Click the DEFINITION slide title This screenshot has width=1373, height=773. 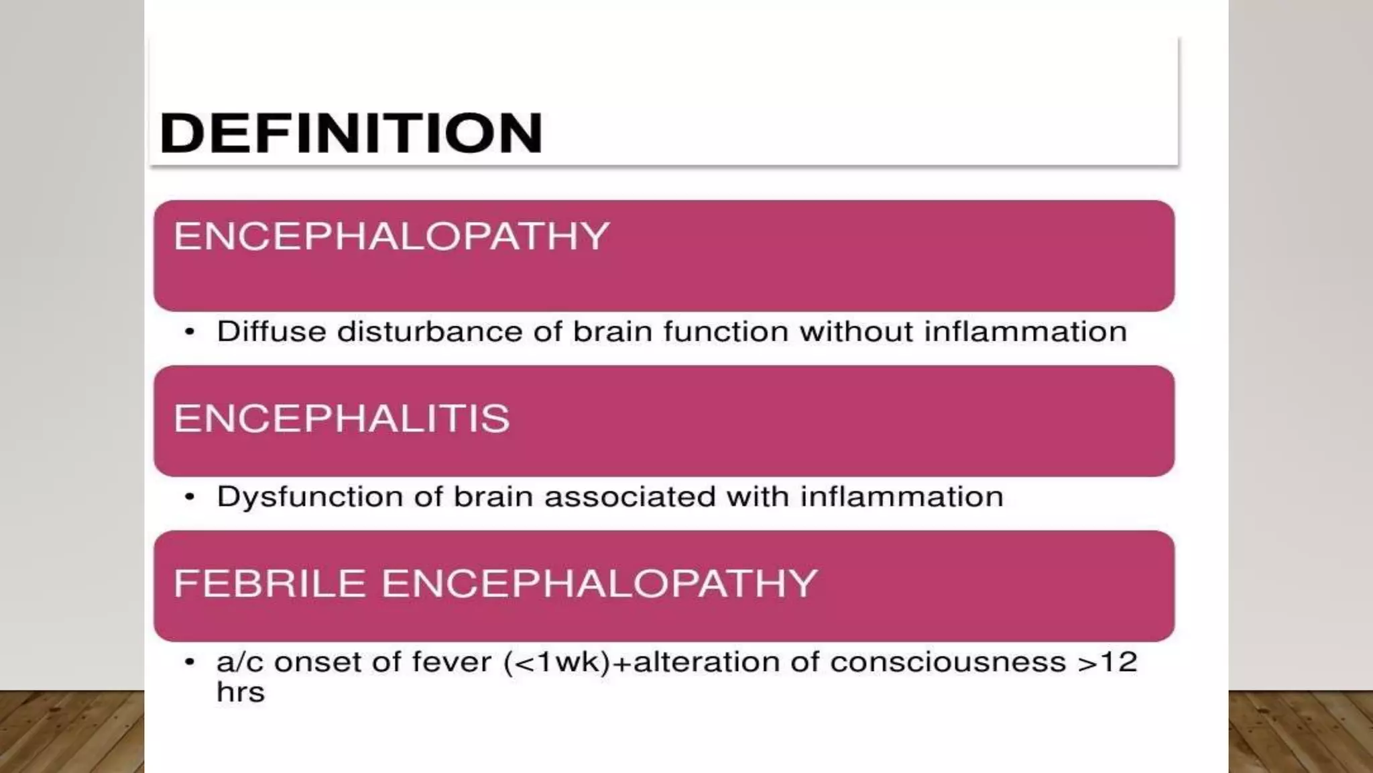point(351,133)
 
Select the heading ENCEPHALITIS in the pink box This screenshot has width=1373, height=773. point(341,419)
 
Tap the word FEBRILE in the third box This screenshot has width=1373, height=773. point(270,583)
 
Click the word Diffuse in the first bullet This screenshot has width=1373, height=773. point(271,331)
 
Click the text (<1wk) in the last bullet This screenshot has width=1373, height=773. point(557,662)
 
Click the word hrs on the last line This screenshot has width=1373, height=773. point(240,692)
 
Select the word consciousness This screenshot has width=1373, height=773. point(948,662)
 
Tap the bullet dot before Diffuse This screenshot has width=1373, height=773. point(190,332)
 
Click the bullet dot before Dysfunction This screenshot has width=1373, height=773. point(190,497)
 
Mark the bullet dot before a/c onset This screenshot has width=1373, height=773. point(190,662)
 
